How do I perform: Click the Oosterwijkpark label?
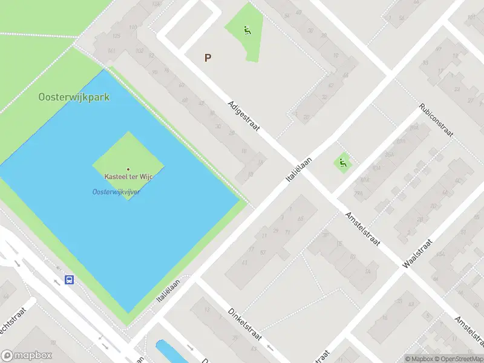coord(74,97)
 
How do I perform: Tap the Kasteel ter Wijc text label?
coord(128,177)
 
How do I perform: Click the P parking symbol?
coord(208,58)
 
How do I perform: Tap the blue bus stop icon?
coord(70,280)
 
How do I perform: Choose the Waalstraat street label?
coord(418,252)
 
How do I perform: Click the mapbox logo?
coord(27,356)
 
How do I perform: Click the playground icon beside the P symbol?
coord(247,30)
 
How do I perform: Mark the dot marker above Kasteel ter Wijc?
coord(128,169)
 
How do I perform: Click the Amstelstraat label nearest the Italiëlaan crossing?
coord(362,228)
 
